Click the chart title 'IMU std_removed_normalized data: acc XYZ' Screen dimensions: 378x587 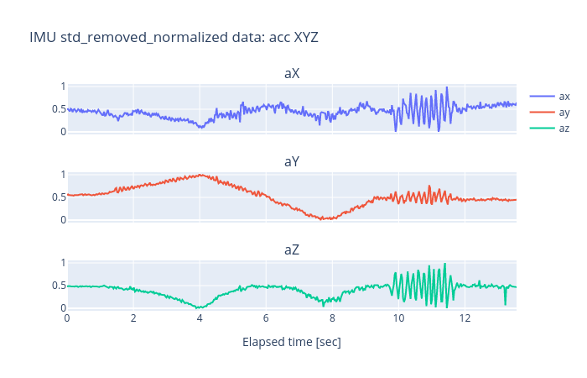pyautogui.click(x=174, y=37)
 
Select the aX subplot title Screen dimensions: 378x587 pyautogui.click(x=292, y=73)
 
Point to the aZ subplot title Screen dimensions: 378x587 pyautogui.click(x=292, y=249)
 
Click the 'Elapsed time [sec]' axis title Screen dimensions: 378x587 pyautogui.click(x=292, y=342)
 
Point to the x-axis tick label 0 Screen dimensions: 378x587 pyautogui.click(x=67, y=318)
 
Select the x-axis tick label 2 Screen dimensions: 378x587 pyautogui.click(x=133, y=318)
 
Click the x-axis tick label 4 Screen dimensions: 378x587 pyautogui.click(x=200, y=318)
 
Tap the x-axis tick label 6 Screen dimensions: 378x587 pyautogui.click(x=266, y=318)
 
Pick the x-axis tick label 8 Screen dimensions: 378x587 pyautogui.click(x=332, y=318)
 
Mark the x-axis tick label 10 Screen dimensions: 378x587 pyautogui.click(x=398, y=318)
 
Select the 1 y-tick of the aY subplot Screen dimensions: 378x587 pyautogui.click(x=60, y=175)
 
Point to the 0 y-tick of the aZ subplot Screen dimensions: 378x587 pyautogui.click(x=60, y=308)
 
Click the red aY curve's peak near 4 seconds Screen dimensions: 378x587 pyautogui.click(x=200, y=175)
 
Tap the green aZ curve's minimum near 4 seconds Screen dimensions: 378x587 pyautogui.click(x=199, y=308)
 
